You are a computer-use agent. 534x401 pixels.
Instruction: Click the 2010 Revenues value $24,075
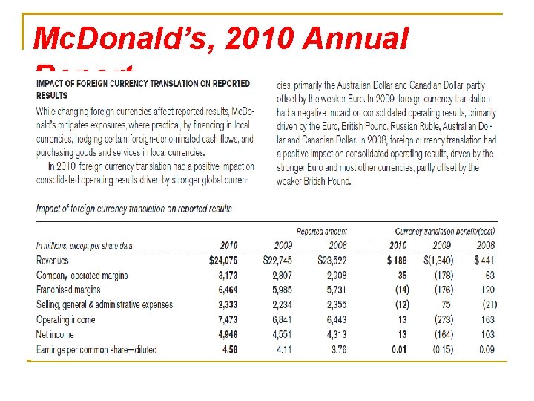223,261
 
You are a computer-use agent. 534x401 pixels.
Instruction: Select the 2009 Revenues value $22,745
278,261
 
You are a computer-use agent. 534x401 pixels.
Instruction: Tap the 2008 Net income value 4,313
332,335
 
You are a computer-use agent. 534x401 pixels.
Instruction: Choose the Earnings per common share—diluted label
96,350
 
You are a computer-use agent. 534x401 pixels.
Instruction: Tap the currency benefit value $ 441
484,261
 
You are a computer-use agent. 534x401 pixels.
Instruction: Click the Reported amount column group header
321,232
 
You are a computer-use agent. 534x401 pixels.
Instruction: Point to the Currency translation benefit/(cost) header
445,232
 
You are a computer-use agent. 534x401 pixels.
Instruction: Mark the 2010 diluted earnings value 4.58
230,350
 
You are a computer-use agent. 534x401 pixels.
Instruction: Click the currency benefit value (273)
443,320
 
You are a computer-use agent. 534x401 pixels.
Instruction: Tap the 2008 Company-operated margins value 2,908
332,276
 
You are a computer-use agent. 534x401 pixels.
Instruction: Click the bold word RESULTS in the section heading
52,96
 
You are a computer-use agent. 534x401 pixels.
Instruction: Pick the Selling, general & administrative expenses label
105,305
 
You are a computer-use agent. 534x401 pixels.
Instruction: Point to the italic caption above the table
134,209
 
